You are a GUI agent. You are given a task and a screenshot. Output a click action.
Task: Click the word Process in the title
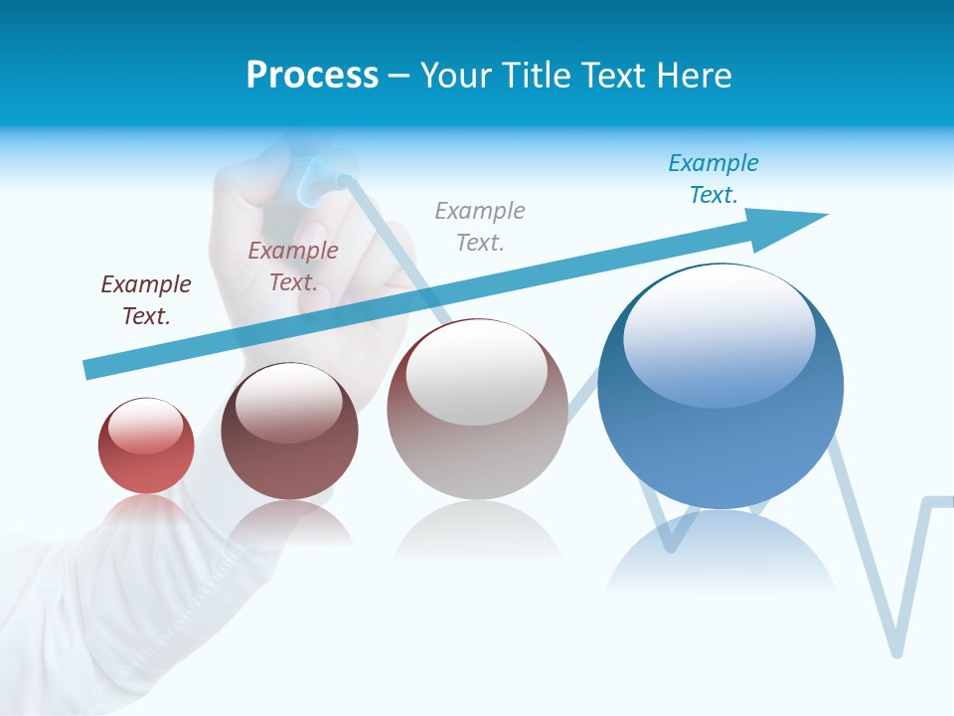(312, 76)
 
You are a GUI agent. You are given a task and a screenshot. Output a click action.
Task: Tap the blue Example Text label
(713, 179)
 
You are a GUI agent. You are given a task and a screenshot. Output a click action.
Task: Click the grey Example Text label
(480, 226)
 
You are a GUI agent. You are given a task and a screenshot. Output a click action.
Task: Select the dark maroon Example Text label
(145, 299)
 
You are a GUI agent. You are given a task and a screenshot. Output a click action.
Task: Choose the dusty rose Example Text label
(293, 266)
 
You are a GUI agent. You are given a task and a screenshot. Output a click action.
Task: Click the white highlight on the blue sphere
(718, 333)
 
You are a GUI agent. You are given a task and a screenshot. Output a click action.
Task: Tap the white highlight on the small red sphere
(145, 426)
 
